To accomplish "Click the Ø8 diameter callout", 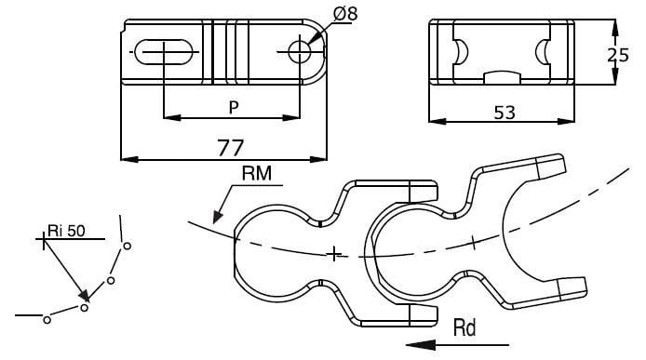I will pos(343,14).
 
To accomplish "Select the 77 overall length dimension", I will pos(230,147).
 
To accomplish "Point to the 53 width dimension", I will pos(505,113).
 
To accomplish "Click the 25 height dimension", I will pos(617,55).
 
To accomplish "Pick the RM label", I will pos(257,174).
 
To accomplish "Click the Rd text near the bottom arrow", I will pos(466,327).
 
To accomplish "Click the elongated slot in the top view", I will pos(165,52).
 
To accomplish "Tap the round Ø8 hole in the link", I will pos(300,52).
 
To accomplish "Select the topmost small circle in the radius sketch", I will pos(127,246).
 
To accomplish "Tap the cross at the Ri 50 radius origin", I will pos(42,240).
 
